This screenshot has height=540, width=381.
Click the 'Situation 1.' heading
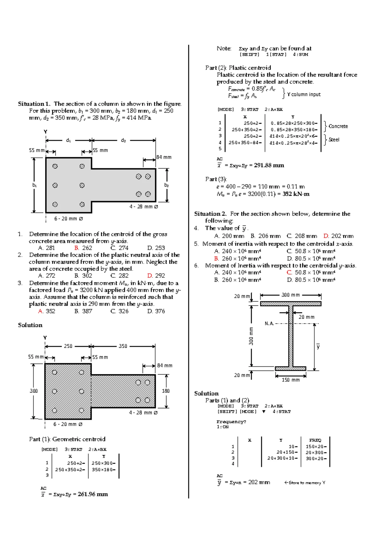[34, 104]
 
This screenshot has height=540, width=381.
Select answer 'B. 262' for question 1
[83, 248]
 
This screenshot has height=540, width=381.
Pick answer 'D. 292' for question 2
[156, 275]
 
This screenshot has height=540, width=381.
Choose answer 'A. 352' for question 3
[46, 311]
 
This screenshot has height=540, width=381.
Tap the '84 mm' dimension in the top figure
[164, 157]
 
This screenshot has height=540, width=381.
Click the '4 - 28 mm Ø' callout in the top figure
[144, 207]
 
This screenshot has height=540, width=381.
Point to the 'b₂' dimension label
[166, 185]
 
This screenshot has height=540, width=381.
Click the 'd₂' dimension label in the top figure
[124, 140]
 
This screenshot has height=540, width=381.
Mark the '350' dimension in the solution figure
[123, 346]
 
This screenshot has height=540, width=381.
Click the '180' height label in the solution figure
[166, 391]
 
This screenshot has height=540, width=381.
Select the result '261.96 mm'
[93, 494]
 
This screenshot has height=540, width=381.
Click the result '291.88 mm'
[269, 165]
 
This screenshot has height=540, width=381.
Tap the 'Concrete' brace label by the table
[338, 126]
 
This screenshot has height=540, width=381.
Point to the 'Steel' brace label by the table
[334, 140]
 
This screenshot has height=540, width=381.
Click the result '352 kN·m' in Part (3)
[296, 194]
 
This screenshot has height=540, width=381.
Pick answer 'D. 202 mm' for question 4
[338, 236]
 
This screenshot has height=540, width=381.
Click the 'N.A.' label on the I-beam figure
[269, 323]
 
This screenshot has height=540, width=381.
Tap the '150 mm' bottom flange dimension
[291, 380]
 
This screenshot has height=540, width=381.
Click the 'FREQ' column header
[315, 440]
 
